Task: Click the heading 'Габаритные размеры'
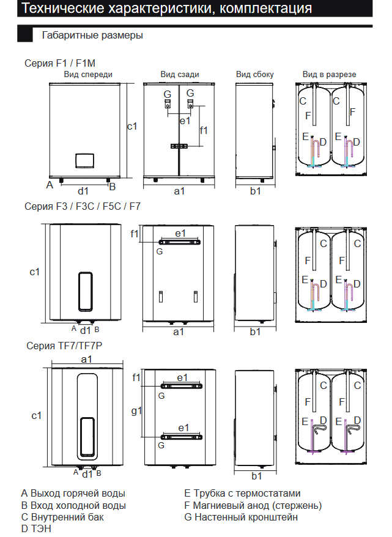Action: click(x=92, y=35)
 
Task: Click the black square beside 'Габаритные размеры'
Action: click(x=25, y=35)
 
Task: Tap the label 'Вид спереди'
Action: click(x=88, y=75)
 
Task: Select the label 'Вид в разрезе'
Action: click(x=329, y=75)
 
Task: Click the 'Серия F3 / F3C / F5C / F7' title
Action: click(x=83, y=207)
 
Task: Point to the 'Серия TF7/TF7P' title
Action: click(x=64, y=346)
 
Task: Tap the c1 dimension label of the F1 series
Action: click(x=132, y=126)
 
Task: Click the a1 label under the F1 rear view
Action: click(x=179, y=191)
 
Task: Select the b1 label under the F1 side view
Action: click(x=255, y=191)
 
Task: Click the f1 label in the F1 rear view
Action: click(x=204, y=130)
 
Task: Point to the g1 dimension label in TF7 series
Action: click(x=136, y=410)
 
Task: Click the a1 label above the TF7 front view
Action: click(x=86, y=359)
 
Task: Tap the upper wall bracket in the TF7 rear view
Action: click(x=182, y=386)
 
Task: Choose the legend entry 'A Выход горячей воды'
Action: click(x=73, y=493)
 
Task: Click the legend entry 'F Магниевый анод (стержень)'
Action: click(x=253, y=505)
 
